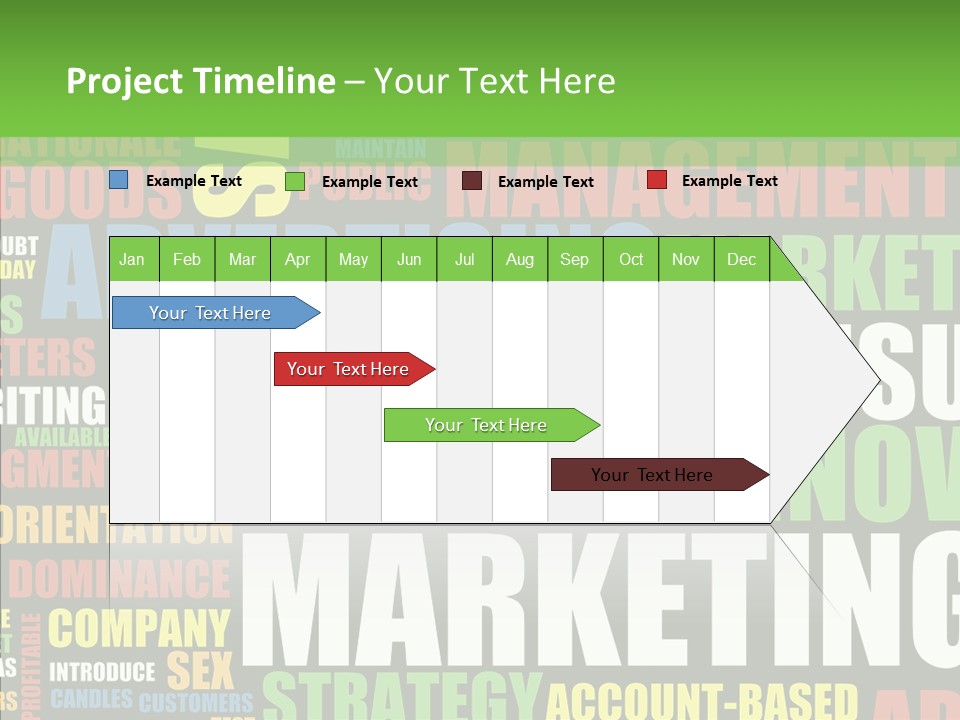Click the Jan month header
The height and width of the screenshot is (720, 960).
(132, 259)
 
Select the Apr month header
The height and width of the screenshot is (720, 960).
(297, 259)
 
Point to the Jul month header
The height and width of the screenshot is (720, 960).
(464, 259)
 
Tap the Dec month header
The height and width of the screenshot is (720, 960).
(741, 259)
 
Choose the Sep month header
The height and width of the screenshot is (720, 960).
(574, 259)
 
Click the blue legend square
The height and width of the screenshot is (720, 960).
(119, 180)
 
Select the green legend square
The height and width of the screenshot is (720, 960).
(295, 181)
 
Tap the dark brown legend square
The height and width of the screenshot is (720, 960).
(472, 181)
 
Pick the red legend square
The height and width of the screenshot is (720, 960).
(657, 180)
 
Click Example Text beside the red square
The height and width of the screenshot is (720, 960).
(729, 181)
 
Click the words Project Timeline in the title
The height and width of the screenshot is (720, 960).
(200, 81)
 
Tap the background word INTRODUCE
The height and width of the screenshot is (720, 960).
(103, 671)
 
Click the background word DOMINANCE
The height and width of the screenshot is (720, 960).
(119, 579)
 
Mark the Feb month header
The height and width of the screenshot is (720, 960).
(187, 259)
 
